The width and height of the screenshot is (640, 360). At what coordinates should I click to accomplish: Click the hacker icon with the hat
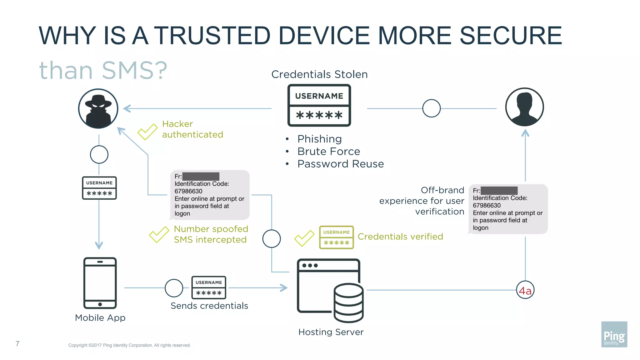coord(98,108)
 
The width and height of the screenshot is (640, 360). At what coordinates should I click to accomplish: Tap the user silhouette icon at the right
coord(524,107)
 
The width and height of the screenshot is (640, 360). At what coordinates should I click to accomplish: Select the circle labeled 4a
coord(525,290)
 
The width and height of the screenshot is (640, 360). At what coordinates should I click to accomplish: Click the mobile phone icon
coord(100,283)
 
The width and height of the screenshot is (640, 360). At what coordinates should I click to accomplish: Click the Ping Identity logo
coord(614,334)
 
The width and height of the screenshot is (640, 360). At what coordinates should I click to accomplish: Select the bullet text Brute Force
coord(328,151)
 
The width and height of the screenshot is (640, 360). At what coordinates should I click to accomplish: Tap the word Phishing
coord(319,139)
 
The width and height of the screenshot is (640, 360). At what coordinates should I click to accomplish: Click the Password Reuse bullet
coord(340,164)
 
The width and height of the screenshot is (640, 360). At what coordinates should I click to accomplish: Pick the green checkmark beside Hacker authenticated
coord(147,132)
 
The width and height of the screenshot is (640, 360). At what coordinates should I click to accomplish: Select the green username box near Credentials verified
coord(336,237)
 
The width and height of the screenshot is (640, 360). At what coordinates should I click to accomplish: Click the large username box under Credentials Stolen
coord(319,105)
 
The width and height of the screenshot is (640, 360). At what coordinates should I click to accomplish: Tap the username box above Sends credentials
coord(208,287)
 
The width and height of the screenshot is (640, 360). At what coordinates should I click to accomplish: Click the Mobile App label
coord(100,317)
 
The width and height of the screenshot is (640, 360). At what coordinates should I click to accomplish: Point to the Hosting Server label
coord(331,332)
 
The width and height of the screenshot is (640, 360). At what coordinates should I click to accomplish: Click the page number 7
coord(17,344)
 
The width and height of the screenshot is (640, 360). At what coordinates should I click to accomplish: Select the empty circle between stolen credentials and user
coord(431,108)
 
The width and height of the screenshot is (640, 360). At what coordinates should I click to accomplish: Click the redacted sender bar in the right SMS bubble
coord(499,191)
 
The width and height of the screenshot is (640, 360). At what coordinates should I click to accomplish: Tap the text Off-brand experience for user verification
coord(422,201)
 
